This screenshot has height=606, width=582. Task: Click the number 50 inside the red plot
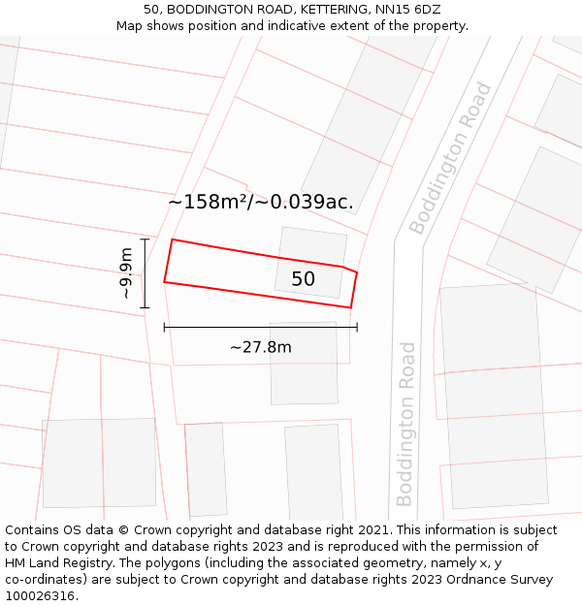pos(303,279)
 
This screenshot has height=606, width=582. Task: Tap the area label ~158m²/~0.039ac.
pos(260,203)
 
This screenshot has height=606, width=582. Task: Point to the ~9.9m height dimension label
pos(126,273)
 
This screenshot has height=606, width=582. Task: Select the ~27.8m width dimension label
pos(260,346)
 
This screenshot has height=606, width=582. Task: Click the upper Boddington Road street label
pos(450,159)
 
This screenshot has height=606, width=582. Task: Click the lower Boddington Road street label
pos(405,424)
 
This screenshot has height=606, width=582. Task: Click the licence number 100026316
pos(42,596)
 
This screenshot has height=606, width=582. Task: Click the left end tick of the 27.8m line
pos(164,327)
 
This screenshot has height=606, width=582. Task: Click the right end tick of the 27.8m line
pos(357,327)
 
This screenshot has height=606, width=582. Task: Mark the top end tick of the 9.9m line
pos(145,239)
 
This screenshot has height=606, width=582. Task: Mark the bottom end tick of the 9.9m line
pos(145,308)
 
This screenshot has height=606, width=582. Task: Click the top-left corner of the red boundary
pos(172,239)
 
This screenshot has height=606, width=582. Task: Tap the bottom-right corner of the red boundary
pos(351,307)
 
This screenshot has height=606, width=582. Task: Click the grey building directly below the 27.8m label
pos(304,364)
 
